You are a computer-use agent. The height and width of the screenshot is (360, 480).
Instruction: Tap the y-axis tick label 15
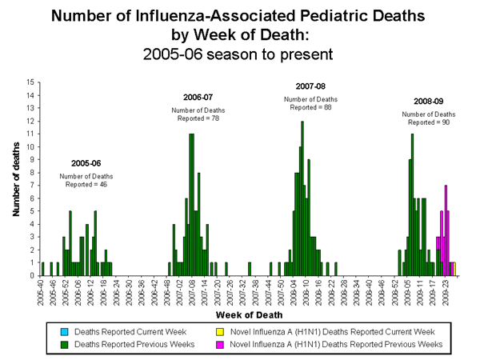click(x=30, y=82)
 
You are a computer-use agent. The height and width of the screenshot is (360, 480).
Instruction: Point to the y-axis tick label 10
click(x=30, y=146)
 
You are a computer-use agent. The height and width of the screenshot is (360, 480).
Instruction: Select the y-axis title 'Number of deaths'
click(x=15, y=179)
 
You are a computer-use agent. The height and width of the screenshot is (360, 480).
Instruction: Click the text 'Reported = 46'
click(x=86, y=185)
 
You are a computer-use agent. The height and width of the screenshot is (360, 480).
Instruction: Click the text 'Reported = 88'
click(x=310, y=107)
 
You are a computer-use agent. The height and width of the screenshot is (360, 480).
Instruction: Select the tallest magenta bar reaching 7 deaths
click(x=446, y=230)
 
